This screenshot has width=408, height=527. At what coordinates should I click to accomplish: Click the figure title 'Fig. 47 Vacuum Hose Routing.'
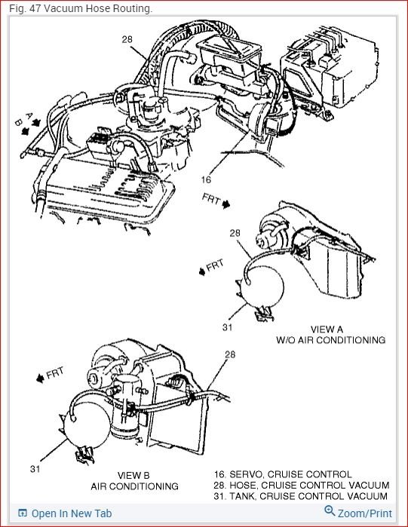[x=81, y=8]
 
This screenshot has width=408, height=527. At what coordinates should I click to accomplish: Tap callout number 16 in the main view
[x=206, y=179]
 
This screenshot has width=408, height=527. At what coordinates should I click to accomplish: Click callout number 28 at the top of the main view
[x=127, y=39]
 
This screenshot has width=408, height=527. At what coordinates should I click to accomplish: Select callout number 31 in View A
[x=227, y=327]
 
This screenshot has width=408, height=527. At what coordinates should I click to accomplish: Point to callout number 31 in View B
[x=35, y=468]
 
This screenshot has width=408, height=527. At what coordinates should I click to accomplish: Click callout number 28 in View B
[x=230, y=354]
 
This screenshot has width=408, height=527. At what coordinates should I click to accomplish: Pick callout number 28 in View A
[x=235, y=233]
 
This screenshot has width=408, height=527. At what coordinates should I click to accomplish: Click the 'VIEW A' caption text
[x=327, y=329]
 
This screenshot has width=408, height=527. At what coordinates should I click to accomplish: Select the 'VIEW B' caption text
[x=133, y=475]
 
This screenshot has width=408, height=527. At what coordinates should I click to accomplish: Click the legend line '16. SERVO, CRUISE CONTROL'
[x=283, y=474]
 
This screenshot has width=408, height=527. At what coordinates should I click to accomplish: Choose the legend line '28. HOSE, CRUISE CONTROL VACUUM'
[x=302, y=485]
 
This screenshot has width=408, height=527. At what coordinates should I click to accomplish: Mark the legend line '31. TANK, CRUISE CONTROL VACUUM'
[x=301, y=496]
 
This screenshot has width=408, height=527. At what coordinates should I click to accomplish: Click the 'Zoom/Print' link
[x=365, y=513]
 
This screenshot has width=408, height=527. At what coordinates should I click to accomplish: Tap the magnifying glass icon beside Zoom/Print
[x=330, y=511]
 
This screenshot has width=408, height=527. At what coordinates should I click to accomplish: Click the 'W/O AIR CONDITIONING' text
[x=331, y=340]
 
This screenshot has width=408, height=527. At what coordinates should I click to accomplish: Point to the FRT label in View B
[x=54, y=372]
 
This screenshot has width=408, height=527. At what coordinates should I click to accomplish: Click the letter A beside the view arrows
[x=29, y=115]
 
